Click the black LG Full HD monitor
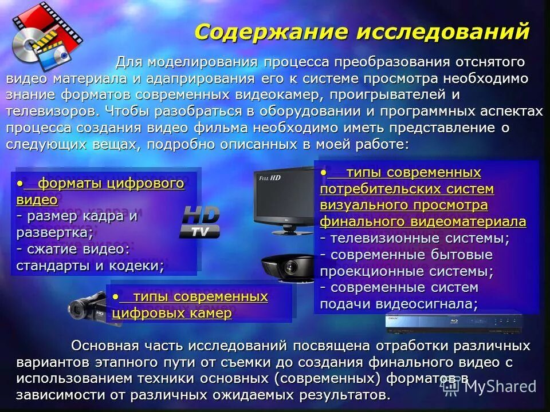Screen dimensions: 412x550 click(284, 200)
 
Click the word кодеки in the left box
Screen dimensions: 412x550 click(137, 266)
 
